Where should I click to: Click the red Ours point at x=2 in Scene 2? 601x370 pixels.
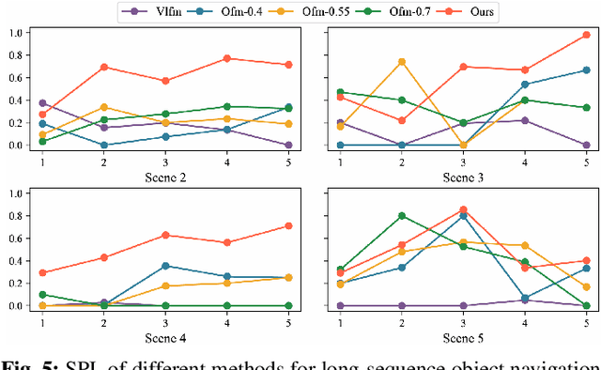point(104,67)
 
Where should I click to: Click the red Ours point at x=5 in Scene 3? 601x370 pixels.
point(586,35)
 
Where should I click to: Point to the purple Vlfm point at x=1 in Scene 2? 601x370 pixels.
point(43,102)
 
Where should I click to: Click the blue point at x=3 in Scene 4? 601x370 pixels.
point(164,266)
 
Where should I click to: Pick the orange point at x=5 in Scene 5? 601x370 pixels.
point(586,286)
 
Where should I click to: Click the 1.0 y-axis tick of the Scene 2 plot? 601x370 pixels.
point(14,33)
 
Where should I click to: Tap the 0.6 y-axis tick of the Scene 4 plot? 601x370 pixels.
point(14,239)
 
